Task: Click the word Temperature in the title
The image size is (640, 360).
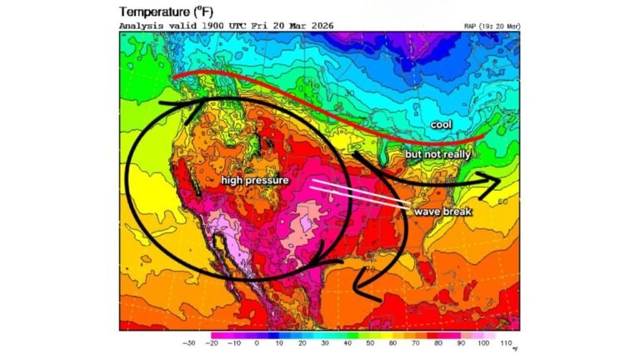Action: (153, 12)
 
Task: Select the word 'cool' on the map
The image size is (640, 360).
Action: (441, 124)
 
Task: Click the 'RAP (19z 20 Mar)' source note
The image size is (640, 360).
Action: (493, 27)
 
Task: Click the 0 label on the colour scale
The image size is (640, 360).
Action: (257, 342)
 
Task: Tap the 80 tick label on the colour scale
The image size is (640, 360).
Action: (437, 342)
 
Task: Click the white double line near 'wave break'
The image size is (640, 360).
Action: (358, 193)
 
